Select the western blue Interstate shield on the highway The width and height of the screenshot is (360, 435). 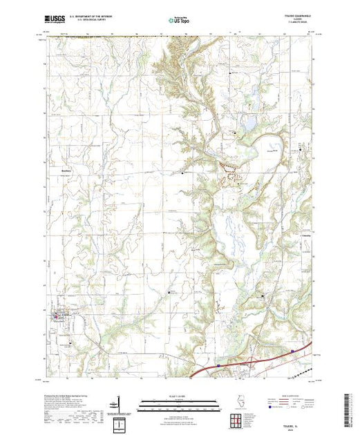[x=218, y=367]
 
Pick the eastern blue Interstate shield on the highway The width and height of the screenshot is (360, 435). [x=293, y=351]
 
